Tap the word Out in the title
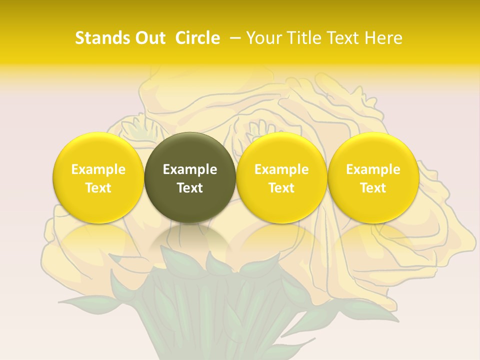coord(149,38)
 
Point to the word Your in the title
coord(263,38)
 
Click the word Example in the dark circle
coord(190,169)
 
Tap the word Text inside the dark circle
coord(190,188)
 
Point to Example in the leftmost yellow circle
coord(98,169)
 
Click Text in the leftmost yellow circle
coord(98,188)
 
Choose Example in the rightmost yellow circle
coord(373,169)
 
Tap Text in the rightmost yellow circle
coord(373,188)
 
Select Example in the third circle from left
coord(281,169)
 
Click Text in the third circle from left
coord(281,188)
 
